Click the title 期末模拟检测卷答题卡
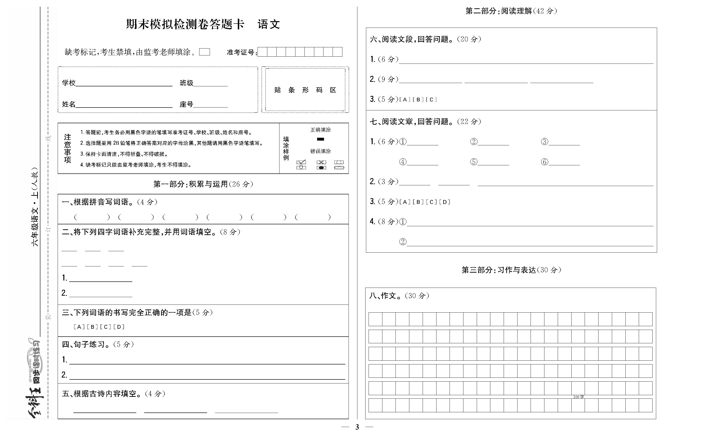click(185, 24)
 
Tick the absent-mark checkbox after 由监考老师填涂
click(205, 52)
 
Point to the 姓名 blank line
click(124, 105)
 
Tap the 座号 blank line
click(211, 105)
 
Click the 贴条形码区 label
click(305, 90)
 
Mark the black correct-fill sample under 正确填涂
click(320, 139)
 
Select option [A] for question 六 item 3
click(405, 100)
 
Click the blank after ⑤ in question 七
click(493, 162)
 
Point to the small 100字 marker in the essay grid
click(578, 397)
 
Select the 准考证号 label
click(241, 52)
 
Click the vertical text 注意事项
click(68, 148)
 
